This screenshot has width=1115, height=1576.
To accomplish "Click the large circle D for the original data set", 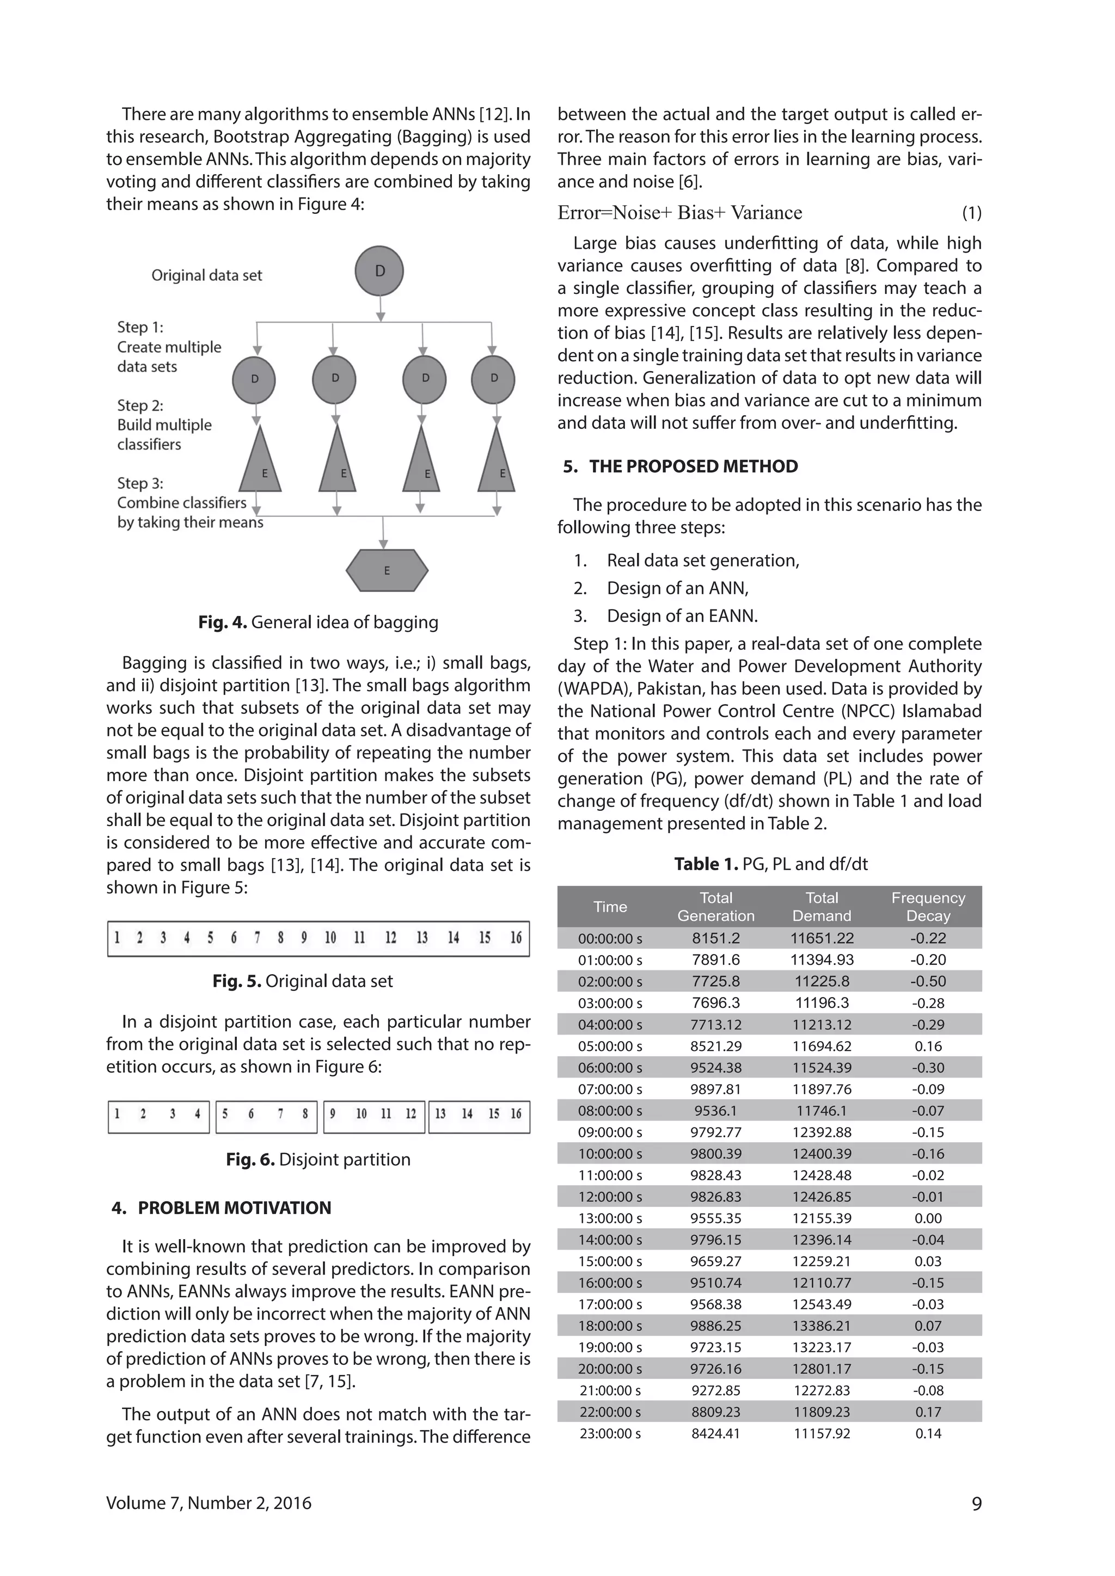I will [x=379, y=271].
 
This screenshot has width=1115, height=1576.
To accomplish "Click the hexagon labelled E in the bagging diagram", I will [x=387, y=570].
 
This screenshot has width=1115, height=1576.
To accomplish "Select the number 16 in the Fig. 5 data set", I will [x=516, y=938].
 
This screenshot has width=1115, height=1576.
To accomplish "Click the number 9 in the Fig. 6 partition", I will [x=332, y=1113].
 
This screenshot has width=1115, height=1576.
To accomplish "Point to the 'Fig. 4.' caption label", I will [x=222, y=622].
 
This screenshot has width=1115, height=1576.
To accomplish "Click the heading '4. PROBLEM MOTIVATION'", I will [x=221, y=1208].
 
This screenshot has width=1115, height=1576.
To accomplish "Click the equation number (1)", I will [x=971, y=213].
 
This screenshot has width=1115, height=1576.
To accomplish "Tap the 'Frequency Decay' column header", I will [x=928, y=906].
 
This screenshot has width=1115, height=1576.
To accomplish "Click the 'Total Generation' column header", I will [x=715, y=906].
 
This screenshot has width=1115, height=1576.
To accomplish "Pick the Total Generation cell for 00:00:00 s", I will [x=715, y=938].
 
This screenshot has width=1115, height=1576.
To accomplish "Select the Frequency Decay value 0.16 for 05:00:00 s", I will [x=928, y=1046].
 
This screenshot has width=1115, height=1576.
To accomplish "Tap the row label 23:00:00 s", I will [x=610, y=1433].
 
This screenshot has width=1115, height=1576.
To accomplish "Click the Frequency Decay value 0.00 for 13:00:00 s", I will [x=928, y=1218].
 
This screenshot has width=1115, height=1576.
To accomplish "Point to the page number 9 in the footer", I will [x=976, y=1503].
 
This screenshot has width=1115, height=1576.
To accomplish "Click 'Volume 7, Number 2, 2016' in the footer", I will [x=209, y=1503].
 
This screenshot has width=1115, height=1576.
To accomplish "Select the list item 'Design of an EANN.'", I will [x=682, y=615].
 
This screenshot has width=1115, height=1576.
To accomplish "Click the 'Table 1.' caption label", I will [x=705, y=864].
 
